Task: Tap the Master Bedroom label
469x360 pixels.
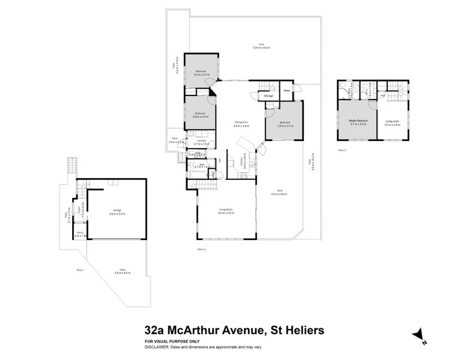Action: (x=359, y=121)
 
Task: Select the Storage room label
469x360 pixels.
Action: (x=268, y=95)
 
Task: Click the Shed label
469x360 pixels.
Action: (x=286, y=91)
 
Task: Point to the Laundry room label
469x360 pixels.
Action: (x=201, y=141)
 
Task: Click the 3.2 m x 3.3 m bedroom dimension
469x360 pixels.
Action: (x=201, y=74)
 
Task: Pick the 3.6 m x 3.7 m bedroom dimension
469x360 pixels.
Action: (x=285, y=125)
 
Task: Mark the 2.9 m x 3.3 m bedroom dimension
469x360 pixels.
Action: (x=201, y=116)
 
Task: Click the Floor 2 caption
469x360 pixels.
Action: (x=202, y=248)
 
